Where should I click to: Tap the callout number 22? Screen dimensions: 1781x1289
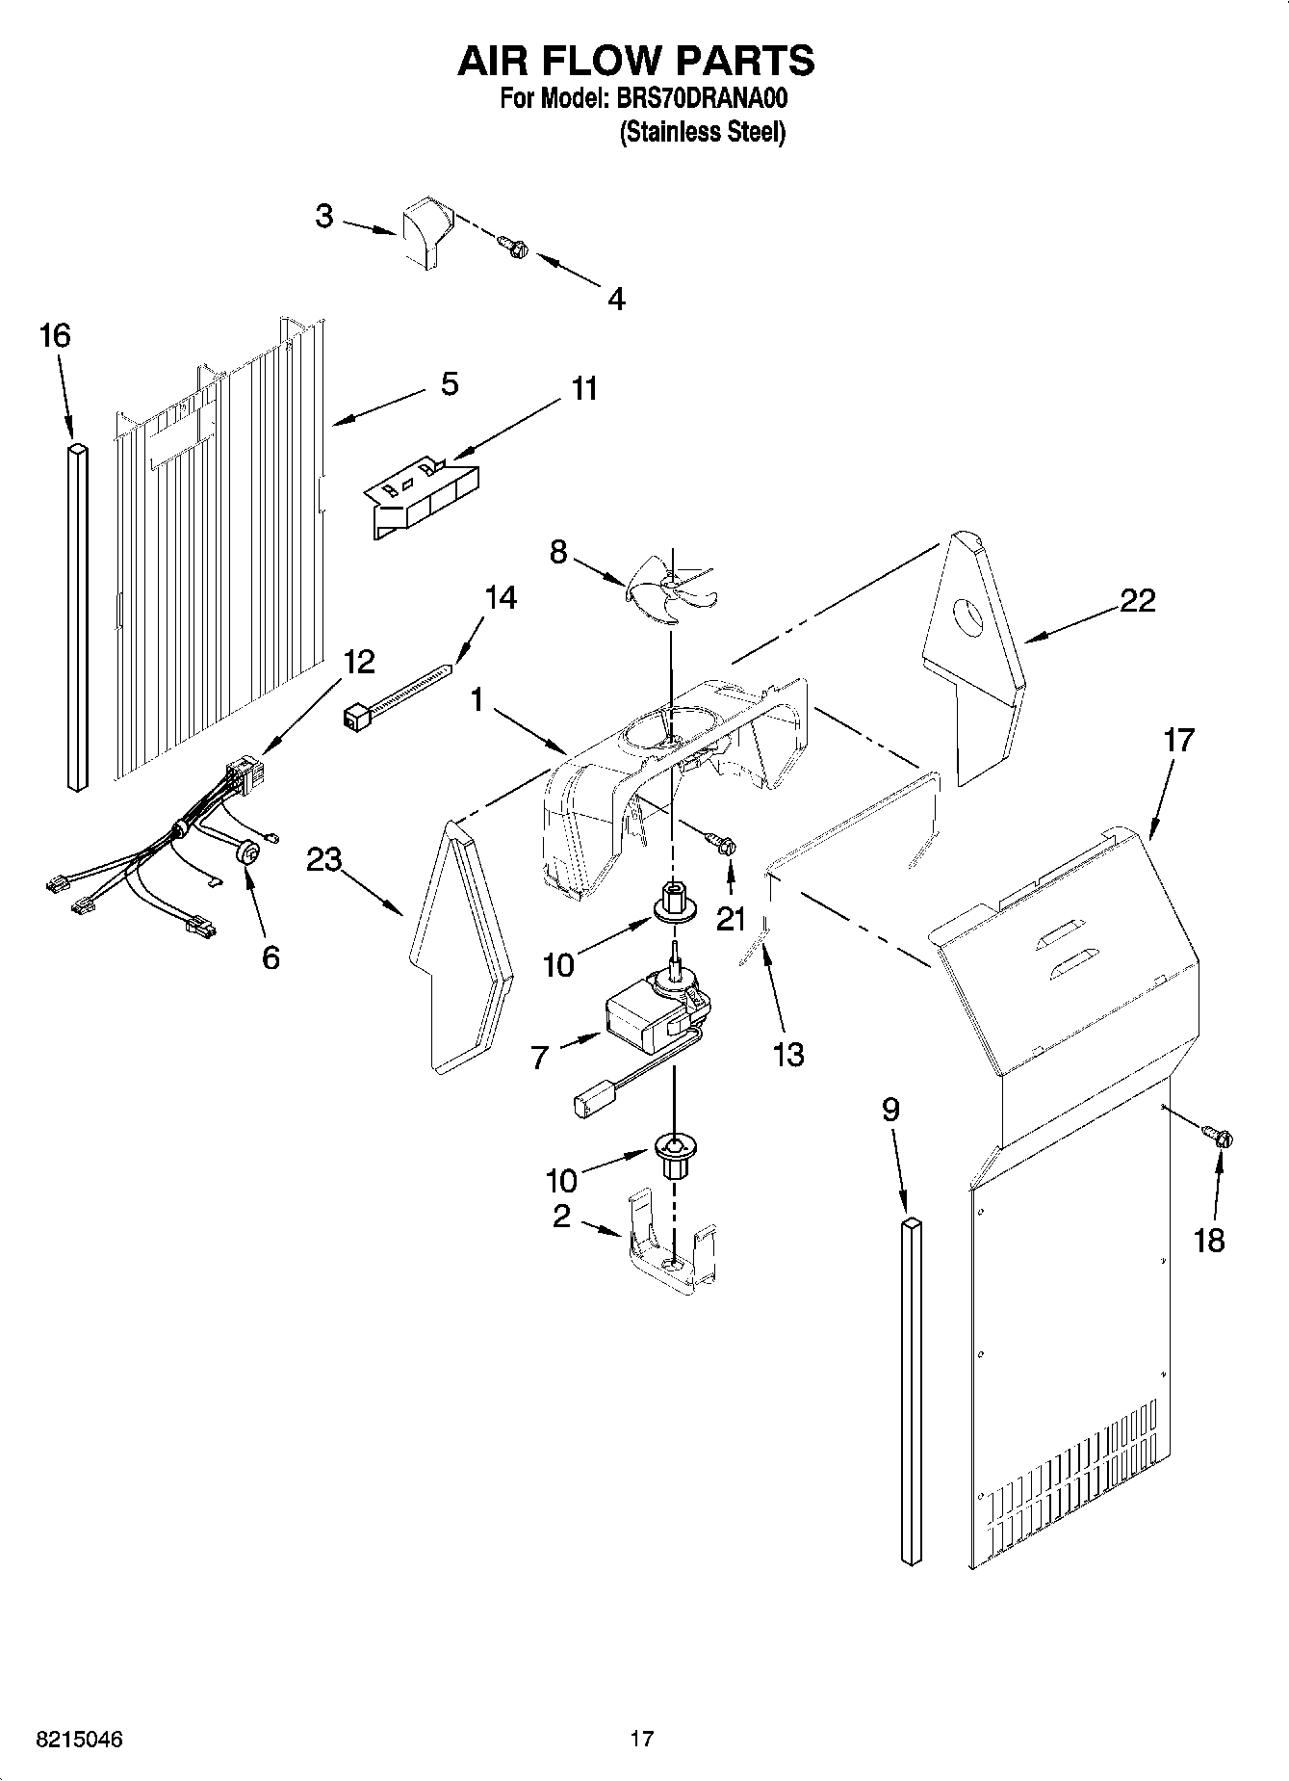click(1137, 601)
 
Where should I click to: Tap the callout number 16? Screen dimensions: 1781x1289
click(55, 336)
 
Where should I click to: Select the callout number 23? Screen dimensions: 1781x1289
click(324, 859)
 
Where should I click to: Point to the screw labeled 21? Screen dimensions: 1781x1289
click(723, 845)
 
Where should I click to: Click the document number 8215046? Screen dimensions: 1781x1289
click(79, 1740)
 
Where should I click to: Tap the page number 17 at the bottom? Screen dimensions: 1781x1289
click(642, 1740)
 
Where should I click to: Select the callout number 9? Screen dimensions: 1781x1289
click(891, 1111)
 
